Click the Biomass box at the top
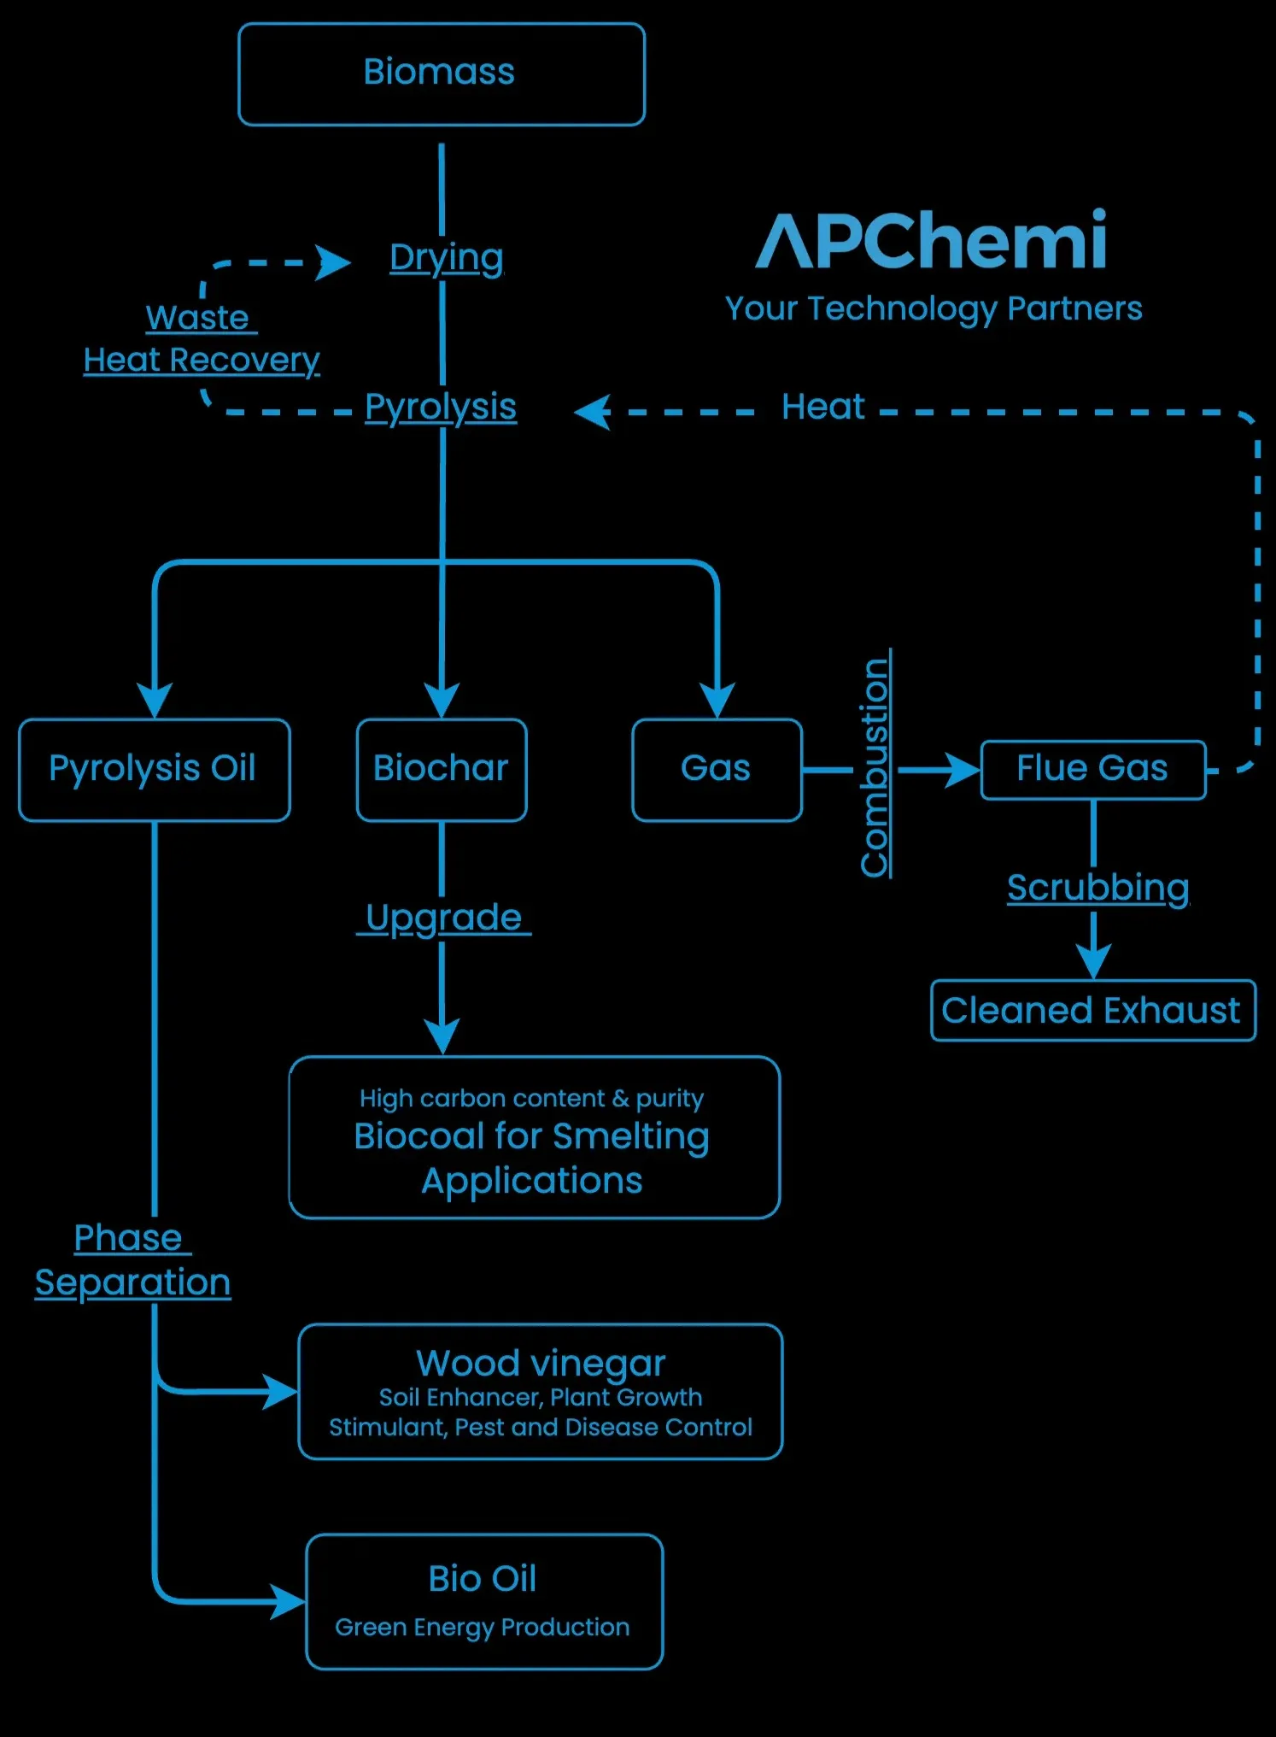point(441,74)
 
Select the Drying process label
point(446,257)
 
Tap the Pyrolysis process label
point(441,408)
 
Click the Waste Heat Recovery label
point(201,340)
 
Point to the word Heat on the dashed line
point(823,408)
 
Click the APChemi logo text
point(932,241)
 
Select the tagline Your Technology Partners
point(933,308)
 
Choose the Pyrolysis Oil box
point(154,769)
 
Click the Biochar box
point(441,769)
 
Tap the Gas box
point(716,769)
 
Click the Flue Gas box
point(1092,769)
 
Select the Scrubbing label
point(1097,889)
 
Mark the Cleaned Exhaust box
point(1092,1011)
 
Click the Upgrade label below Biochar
point(443,918)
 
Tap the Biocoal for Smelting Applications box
point(534,1138)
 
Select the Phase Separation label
point(132,1260)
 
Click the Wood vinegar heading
point(540,1363)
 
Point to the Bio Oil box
point(483,1600)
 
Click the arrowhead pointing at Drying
point(332,262)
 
